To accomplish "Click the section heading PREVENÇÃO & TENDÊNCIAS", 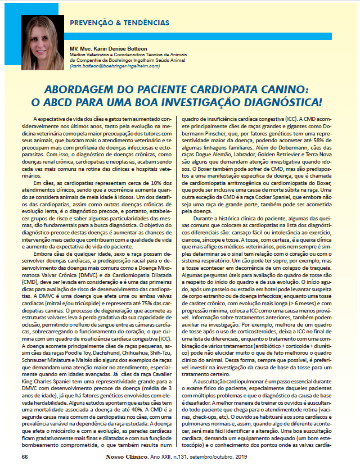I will click(119, 23).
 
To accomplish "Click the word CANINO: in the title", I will click(283, 89).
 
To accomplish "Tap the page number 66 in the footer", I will click(24, 456).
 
